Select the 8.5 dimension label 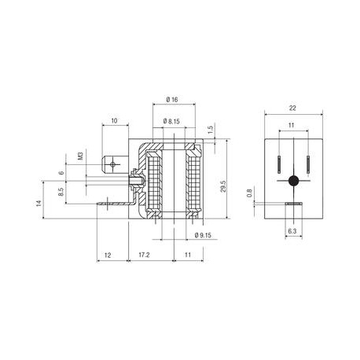(x=61, y=191)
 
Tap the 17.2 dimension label (x=143, y=255)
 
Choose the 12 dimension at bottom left (x=108, y=255)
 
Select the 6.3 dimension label (x=292, y=233)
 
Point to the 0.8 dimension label (x=251, y=193)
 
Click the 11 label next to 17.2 (x=187, y=255)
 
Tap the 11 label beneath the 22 (x=293, y=125)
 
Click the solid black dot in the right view (x=293, y=181)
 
